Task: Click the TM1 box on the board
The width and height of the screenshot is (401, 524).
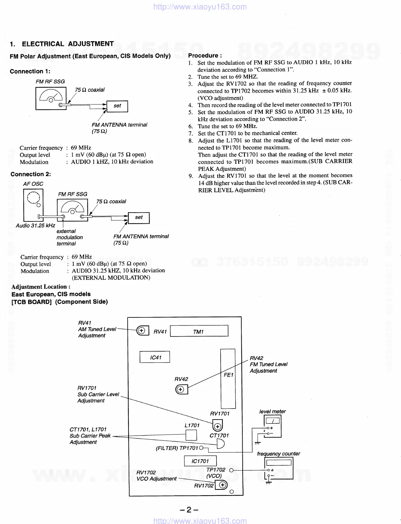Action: (199, 331)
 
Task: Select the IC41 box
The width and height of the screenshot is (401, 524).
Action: (155, 357)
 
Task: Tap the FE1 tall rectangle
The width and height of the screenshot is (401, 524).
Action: (228, 378)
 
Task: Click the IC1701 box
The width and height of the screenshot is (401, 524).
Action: (200, 461)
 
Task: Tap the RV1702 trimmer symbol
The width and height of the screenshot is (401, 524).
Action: (221, 485)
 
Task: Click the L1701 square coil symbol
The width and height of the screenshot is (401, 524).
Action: (191, 435)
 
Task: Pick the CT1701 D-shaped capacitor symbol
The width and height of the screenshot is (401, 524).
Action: (221, 444)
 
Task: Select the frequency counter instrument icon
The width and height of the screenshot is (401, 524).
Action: (279, 468)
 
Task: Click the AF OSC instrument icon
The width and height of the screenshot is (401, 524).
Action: (32, 203)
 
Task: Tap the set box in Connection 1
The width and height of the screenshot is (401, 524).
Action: (117, 106)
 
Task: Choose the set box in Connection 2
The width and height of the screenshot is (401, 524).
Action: (139, 218)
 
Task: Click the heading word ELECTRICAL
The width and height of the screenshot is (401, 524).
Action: (43, 44)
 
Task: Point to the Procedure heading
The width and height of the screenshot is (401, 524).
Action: (205, 56)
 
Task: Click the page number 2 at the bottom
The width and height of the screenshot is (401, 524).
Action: (189, 510)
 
